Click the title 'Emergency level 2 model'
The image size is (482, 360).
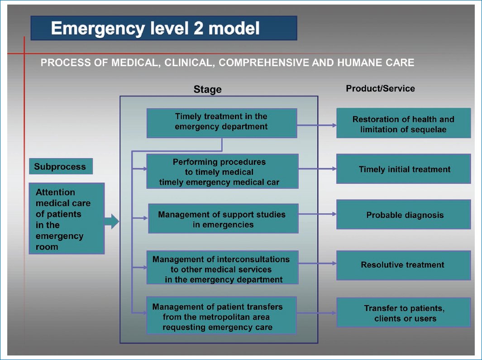click(155, 29)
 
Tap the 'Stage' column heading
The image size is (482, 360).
click(207, 89)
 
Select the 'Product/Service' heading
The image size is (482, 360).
click(380, 88)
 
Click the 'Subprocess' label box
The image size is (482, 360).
click(60, 166)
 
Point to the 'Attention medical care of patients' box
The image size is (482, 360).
click(67, 218)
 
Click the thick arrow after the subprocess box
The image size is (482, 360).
click(112, 222)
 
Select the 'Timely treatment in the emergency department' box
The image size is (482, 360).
click(221, 122)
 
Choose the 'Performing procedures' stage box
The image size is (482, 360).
click(222, 171)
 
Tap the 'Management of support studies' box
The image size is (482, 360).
click(223, 219)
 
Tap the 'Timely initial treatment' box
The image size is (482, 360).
click(403, 169)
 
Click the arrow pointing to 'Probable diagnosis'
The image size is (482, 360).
click(317, 214)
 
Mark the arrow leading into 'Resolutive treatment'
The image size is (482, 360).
click(317, 264)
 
